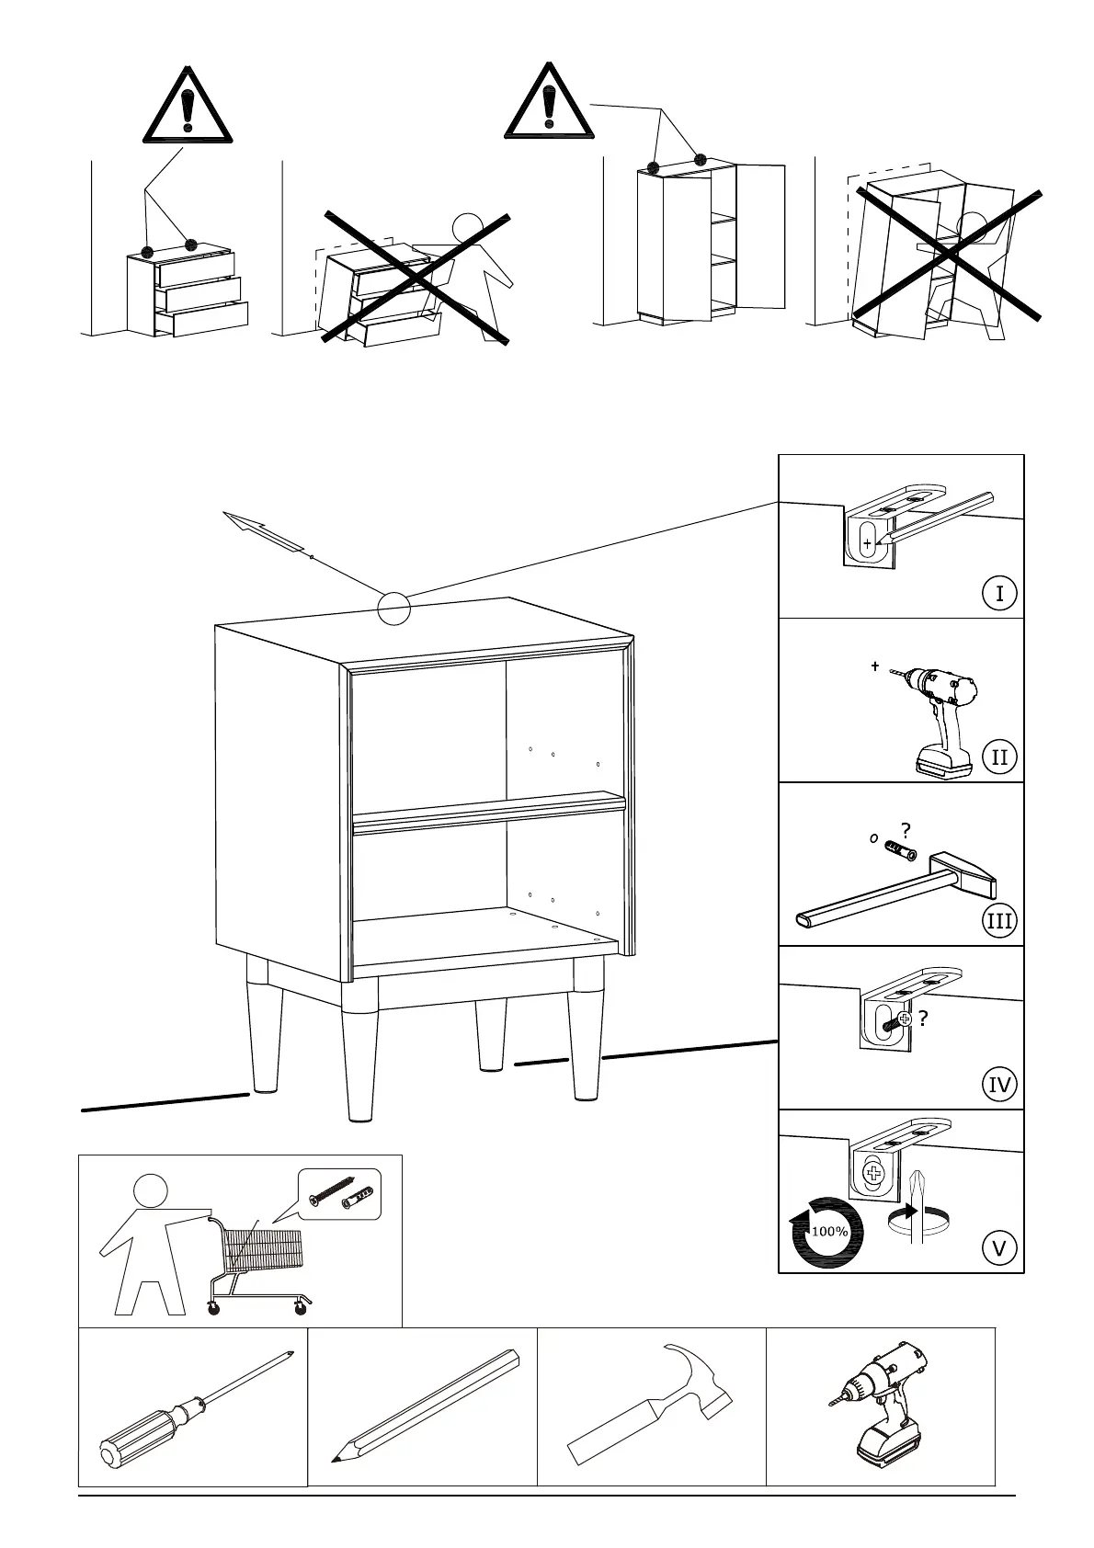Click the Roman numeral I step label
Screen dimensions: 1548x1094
click(x=999, y=594)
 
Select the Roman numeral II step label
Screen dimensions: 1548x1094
click(x=999, y=757)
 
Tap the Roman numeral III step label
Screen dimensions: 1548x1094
click(x=999, y=921)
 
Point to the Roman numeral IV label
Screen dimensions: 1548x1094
click(x=999, y=1085)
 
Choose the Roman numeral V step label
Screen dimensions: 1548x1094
click(x=999, y=1248)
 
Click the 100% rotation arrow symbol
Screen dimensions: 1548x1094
click(x=827, y=1232)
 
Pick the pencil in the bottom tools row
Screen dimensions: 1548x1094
click(x=425, y=1406)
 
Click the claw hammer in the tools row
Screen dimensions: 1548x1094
click(x=654, y=1403)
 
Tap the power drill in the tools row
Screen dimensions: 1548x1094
click(x=883, y=1406)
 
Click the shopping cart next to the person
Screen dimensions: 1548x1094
click(x=257, y=1259)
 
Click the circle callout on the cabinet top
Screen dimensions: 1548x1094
click(x=393, y=609)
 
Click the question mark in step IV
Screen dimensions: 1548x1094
click(x=922, y=1018)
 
